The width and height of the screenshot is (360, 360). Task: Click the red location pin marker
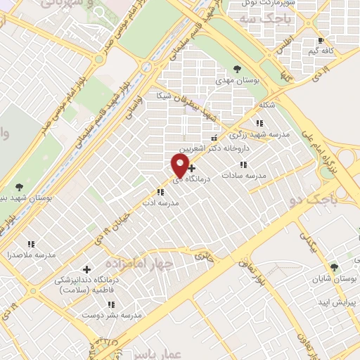coord(179,166)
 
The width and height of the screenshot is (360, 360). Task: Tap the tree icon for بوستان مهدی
coord(237,69)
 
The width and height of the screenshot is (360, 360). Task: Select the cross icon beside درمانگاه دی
coord(192,167)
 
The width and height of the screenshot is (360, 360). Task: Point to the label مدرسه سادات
coord(243,174)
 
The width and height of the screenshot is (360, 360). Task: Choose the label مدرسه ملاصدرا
coord(31,254)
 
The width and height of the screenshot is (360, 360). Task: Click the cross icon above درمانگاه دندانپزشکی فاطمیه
coord(87,269)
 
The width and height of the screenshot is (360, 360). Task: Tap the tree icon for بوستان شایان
coord(333,267)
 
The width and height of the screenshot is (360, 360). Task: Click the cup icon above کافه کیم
coord(321,40)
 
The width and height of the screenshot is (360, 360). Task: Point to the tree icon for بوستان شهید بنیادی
coord(18,186)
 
